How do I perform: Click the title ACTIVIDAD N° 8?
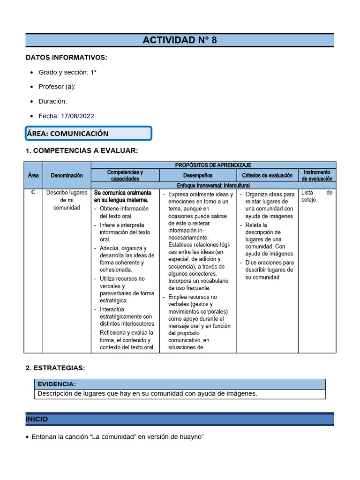(180, 40)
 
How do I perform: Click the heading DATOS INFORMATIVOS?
(66, 58)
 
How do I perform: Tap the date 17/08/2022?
(76, 116)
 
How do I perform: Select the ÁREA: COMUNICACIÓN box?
(89, 133)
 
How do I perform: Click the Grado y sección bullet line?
(67, 72)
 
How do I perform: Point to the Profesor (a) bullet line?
(57, 87)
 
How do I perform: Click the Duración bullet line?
(52, 101)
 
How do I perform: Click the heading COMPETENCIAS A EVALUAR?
(82, 150)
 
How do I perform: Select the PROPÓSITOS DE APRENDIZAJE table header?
(213, 165)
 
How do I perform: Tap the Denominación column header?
(67, 175)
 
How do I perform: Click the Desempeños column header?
(198, 175)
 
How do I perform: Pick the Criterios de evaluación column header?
(267, 175)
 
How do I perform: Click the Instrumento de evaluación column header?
(317, 175)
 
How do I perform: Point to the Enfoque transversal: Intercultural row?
(213, 186)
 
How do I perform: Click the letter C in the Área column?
(33, 192)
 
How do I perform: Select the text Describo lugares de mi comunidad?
(67, 200)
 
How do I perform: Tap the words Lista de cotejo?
(316, 196)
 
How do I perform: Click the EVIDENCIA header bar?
(180, 384)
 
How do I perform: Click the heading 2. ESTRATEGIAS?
(55, 368)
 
